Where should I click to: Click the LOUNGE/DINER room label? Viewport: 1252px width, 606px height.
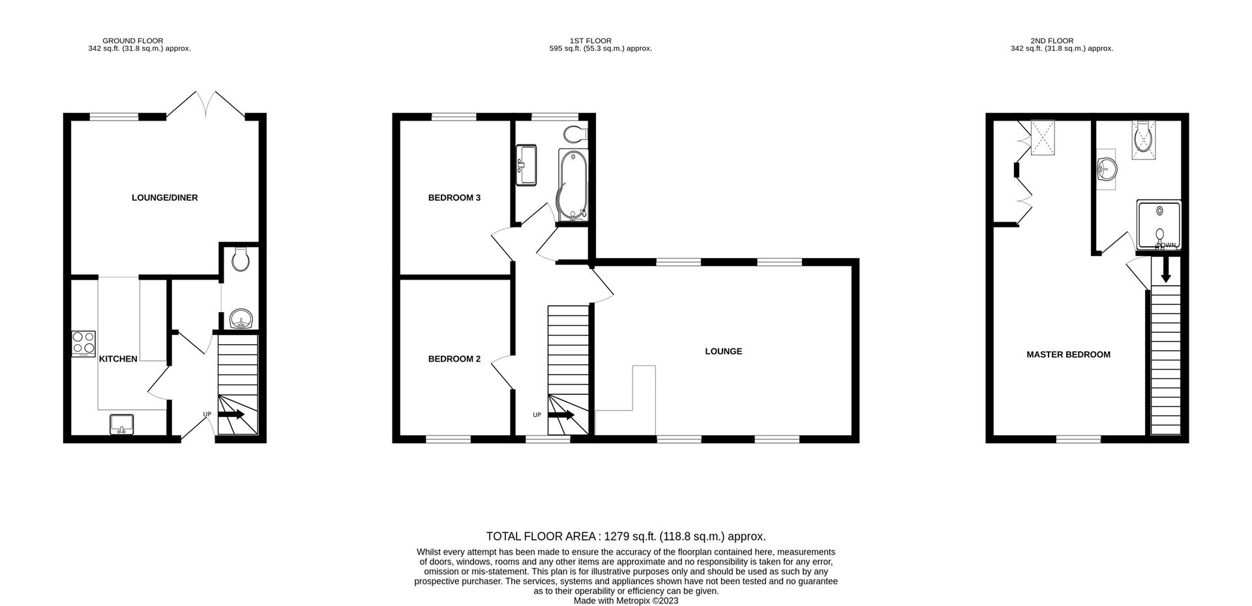click(x=164, y=197)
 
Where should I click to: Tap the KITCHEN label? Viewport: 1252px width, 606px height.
click(x=118, y=359)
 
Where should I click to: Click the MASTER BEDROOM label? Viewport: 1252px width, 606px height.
click(x=1068, y=355)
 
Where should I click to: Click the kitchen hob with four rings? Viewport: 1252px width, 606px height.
click(x=83, y=344)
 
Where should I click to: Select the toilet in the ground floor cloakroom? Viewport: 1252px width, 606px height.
click(x=240, y=259)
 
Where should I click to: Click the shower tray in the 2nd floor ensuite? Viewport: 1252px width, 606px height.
click(x=1159, y=225)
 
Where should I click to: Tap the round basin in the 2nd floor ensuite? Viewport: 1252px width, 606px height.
click(x=1107, y=170)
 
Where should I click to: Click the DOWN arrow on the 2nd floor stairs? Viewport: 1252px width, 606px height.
click(x=1166, y=269)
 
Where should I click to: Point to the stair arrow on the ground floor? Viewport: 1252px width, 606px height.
click(x=231, y=414)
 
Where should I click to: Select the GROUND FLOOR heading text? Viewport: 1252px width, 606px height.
click(x=133, y=40)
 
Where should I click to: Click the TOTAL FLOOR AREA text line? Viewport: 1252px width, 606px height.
click(x=625, y=536)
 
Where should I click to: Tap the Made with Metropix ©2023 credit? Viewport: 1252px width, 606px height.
click(x=625, y=601)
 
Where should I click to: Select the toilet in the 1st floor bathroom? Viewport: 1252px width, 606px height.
click(x=574, y=134)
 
